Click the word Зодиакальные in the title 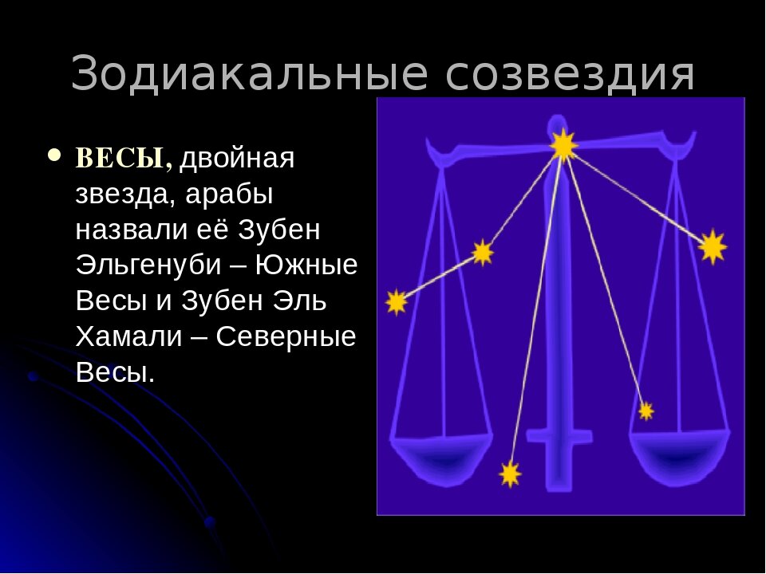pyautogui.click(x=250, y=73)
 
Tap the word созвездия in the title pyautogui.click(x=570, y=74)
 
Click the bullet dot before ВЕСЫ pyautogui.click(x=55, y=155)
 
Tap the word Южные pyautogui.click(x=306, y=265)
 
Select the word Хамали pyautogui.click(x=128, y=336)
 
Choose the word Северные pyautogui.click(x=286, y=337)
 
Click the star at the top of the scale pyautogui.click(x=563, y=145)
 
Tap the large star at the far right pyautogui.click(x=713, y=247)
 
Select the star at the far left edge pyautogui.click(x=397, y=303)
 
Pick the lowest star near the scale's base pyautogui.click(x=510, y=474)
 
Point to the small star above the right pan pyautogui.click(x=646, y=411)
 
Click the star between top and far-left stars pyautogui.click(x=483, y=253)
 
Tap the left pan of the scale pyautogui.click(x=441, y=456)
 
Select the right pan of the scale pyautogui.click(x=680, y=456)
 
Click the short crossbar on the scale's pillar pyautogui.click(x=559, y=436)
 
